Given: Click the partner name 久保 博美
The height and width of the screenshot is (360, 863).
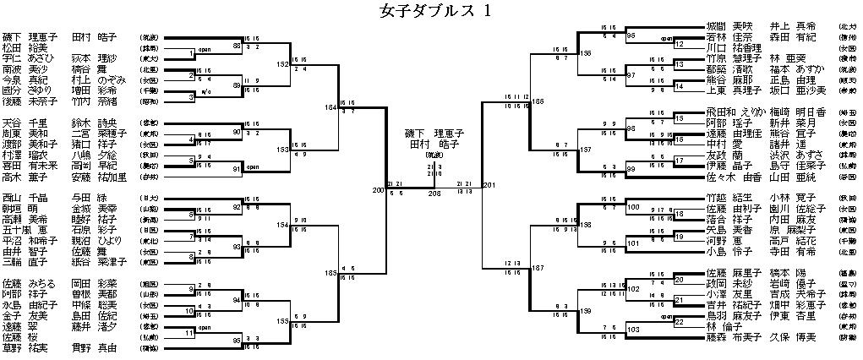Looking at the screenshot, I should (790, 335).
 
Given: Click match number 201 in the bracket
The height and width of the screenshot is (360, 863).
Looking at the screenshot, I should (490, 186).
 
